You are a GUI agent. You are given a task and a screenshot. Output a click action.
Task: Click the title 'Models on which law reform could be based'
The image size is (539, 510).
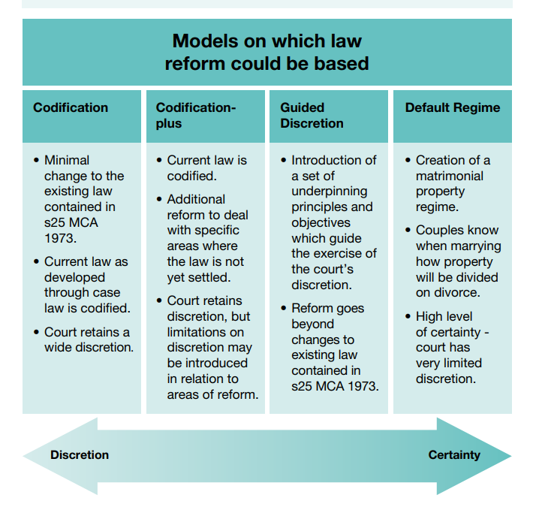pos(266,51)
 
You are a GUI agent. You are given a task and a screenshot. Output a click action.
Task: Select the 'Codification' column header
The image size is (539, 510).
pos(71,108)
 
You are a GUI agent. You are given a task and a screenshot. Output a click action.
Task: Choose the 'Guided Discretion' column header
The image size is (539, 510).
pos(312,116)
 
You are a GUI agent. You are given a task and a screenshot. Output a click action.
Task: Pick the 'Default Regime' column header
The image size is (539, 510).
pos(452,108)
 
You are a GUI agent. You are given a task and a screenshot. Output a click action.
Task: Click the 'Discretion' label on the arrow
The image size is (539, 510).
pos(80,455)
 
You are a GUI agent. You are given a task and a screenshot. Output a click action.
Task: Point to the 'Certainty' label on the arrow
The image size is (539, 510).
pos(454,455)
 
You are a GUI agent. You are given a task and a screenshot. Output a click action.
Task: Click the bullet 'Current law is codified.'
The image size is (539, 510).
pos(206,168)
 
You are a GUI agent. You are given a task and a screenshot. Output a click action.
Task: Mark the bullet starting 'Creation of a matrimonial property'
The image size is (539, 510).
pos(453,183)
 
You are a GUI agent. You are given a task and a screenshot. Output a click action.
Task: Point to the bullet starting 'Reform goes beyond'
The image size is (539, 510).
pos(334,347)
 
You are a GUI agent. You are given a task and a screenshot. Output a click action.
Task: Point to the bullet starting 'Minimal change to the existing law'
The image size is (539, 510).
pos(83,199)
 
